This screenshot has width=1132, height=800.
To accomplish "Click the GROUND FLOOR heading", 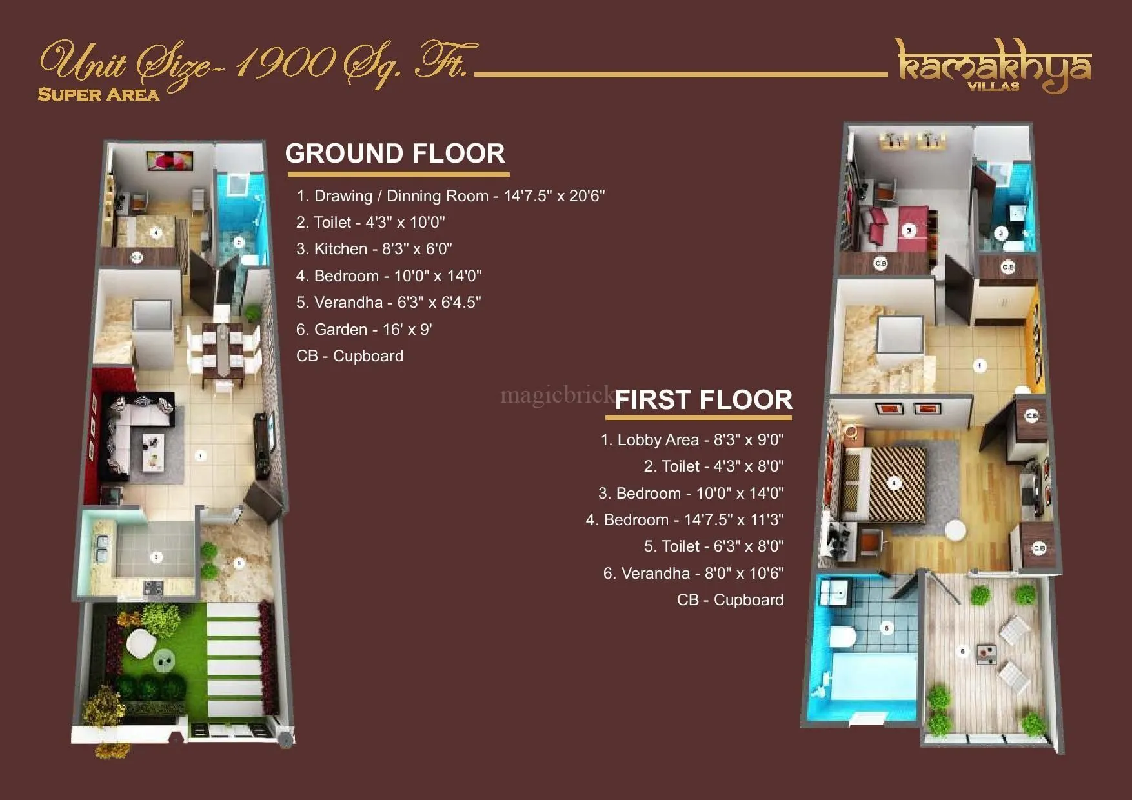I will pos(395,154).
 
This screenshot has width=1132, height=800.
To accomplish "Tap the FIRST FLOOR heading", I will pos(703,400).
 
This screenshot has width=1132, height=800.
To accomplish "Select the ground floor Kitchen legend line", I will pos(374,249).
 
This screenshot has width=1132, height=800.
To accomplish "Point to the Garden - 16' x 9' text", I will pos(363,330).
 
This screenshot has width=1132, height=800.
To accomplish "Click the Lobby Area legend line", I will pos(692,440).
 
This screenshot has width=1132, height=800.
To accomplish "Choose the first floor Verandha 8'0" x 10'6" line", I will pos(693,574).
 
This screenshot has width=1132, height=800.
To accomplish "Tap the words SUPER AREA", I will pos(98,95).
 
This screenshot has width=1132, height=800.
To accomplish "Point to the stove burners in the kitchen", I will pos(154,588).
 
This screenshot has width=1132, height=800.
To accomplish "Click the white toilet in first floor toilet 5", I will pos(842,637).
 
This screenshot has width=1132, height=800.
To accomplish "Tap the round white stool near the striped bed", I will pos(955,530).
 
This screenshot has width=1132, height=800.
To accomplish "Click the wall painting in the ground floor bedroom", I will pos(170,160).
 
